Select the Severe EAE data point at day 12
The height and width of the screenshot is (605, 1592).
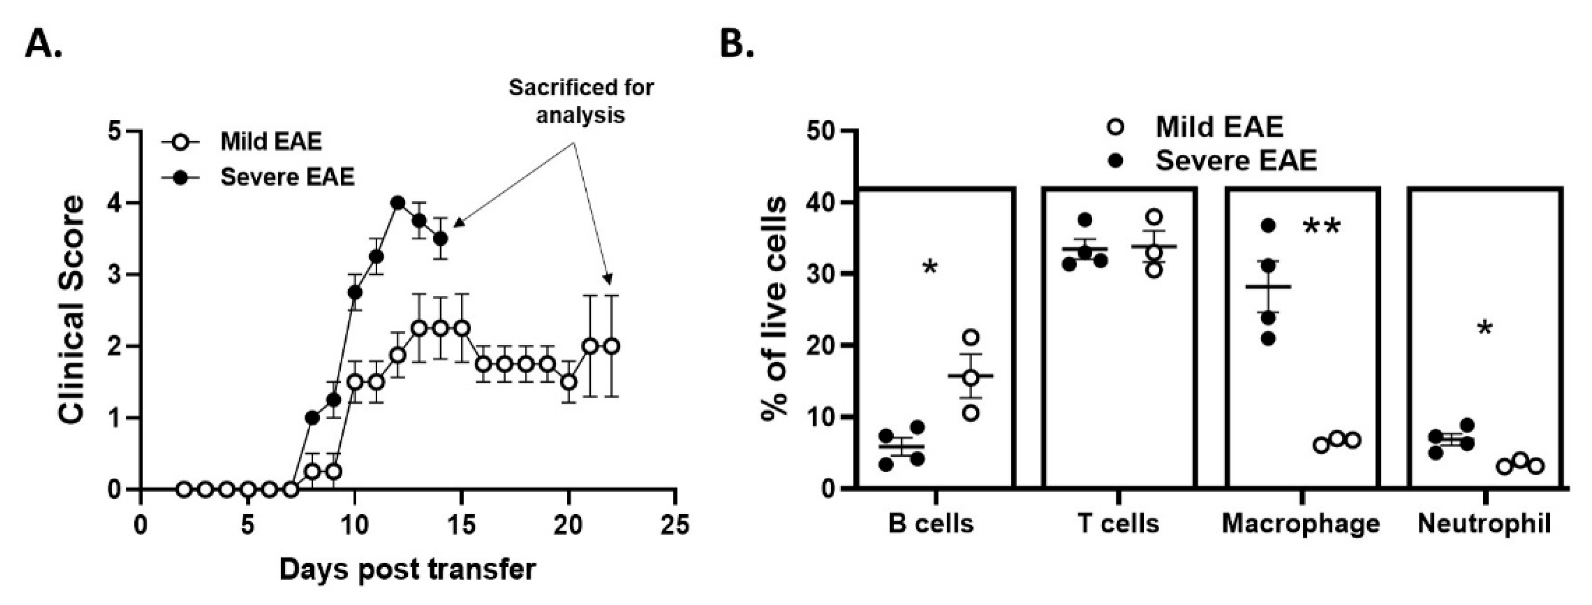coord(398,203)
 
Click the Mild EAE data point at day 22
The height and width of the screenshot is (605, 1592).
coord(612,346)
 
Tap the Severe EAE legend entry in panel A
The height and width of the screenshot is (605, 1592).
coord(287,177)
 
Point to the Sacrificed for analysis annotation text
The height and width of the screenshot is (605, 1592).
coord(581,101)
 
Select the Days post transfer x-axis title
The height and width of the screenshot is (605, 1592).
coord(407,569)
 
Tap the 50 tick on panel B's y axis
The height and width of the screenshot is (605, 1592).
coord(820,132)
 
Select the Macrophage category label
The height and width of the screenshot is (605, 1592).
coord(1301,523)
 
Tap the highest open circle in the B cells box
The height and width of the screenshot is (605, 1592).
coord(971,337)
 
